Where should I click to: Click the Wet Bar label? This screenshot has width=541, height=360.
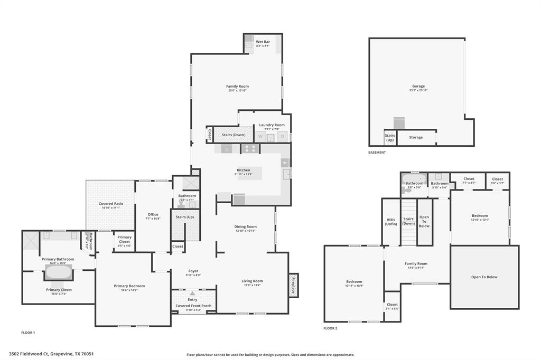(x=263, y=42)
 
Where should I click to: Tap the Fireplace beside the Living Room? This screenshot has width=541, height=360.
(x=293, y=285)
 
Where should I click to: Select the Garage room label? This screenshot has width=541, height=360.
(x=418, y=86)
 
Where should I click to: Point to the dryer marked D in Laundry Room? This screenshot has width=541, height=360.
(x=283, y=137)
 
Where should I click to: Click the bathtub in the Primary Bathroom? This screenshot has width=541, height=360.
(x=58, y=272)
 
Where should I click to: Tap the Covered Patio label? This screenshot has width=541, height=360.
(x=111, y=204)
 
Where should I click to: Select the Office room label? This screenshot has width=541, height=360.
(x=153, y=214)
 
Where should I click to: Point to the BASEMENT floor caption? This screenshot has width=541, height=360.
(x=377, y=153)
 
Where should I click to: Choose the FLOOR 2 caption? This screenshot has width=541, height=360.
(x=330, y=328)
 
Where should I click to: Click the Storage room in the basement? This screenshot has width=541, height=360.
(x=416, y=137)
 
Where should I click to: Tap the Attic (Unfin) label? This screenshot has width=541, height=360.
(x=391, y=221)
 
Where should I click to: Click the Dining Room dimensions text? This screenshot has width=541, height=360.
(x=245, y=231)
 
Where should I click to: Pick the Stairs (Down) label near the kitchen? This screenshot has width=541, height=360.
(x=233, y=135)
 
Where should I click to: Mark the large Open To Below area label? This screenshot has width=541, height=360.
(x=484, y=277)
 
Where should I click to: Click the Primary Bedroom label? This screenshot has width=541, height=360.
(x=129, y=286)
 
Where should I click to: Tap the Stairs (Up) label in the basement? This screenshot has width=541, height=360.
(x=389, y=138)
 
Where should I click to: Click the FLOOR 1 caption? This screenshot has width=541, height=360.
(x=28, y=333)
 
